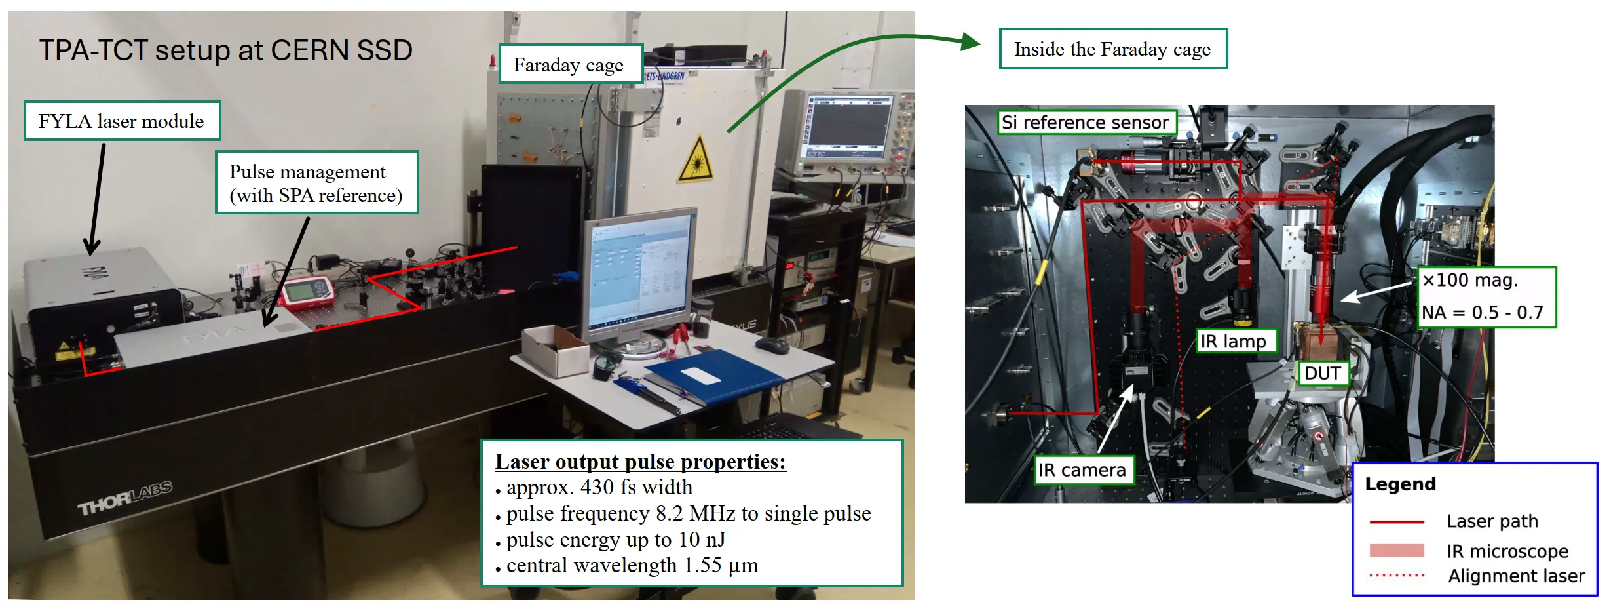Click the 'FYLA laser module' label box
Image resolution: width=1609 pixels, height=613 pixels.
[122, 121]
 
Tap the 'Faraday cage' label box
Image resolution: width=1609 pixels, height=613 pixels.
[570, 64]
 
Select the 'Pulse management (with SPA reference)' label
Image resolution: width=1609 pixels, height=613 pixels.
[316, 183]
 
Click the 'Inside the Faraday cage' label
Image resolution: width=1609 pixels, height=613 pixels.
[1112, 49]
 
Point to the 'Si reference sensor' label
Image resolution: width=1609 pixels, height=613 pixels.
[1086, 123]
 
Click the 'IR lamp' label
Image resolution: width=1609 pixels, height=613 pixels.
[1236, 341]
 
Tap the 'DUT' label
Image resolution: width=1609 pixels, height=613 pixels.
[1323, 373]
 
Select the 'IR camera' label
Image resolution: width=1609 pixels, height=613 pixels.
[1083, 470]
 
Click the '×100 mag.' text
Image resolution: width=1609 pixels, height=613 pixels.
[1469, 281]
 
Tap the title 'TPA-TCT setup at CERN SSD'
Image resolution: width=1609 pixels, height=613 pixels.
[226, 50]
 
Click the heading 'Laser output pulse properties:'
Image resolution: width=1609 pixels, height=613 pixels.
[640, 462]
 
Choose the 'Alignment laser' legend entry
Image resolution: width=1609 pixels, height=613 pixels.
[1477, 576]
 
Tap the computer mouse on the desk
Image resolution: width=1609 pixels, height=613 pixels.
[772, 344]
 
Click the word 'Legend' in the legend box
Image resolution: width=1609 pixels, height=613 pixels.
[1400, 484]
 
